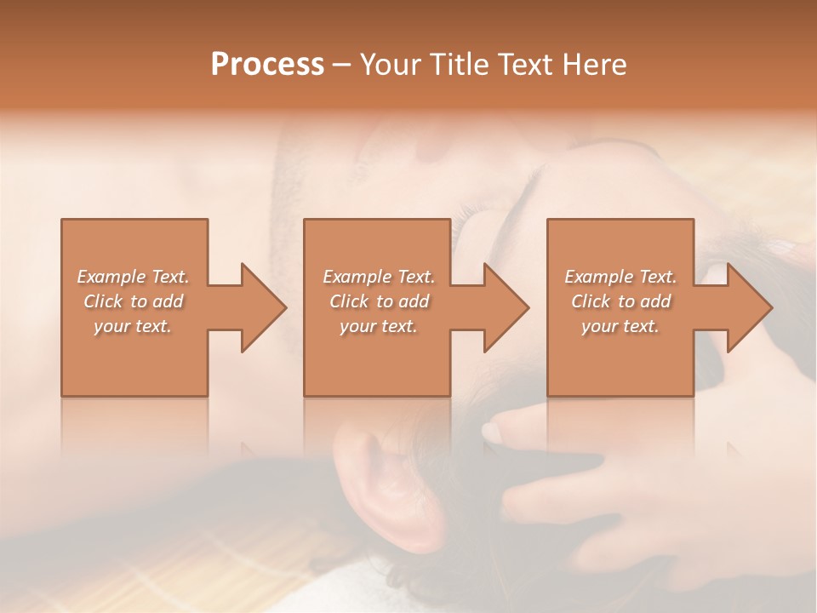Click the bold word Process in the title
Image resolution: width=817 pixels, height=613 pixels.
click(267, 65)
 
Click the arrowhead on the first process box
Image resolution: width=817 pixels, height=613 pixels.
click(264, 307)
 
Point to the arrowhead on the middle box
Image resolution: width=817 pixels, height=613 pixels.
click(506, 307)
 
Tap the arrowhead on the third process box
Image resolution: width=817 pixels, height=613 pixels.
click(750, 307)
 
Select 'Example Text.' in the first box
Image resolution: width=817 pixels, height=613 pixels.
click(133, 277)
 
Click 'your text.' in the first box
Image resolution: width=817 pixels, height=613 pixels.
click(133, 326)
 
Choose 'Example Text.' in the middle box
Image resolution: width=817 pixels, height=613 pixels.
click(379, 277)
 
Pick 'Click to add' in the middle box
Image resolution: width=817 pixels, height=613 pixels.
click(379, 301)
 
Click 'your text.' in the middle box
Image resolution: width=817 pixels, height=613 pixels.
click(379, 326)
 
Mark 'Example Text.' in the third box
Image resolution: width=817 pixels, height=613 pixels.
click(620, 277)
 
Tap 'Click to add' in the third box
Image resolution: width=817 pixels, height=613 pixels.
click(620, 301)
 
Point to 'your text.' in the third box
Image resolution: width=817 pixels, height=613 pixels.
click(620, 326)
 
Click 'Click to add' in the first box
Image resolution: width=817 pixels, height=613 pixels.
click(133, 301)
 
